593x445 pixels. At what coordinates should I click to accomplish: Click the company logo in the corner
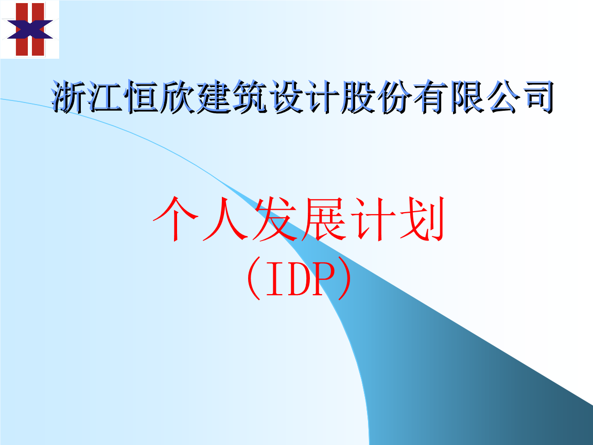tap(29, 29)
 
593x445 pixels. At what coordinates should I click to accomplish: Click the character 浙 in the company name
tap(68, 97)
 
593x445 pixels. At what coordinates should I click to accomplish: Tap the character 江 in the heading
tap(106, 97)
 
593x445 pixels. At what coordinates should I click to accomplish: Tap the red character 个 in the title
tap(176, 219)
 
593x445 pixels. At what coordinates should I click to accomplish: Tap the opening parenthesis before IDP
tap(254, 279)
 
